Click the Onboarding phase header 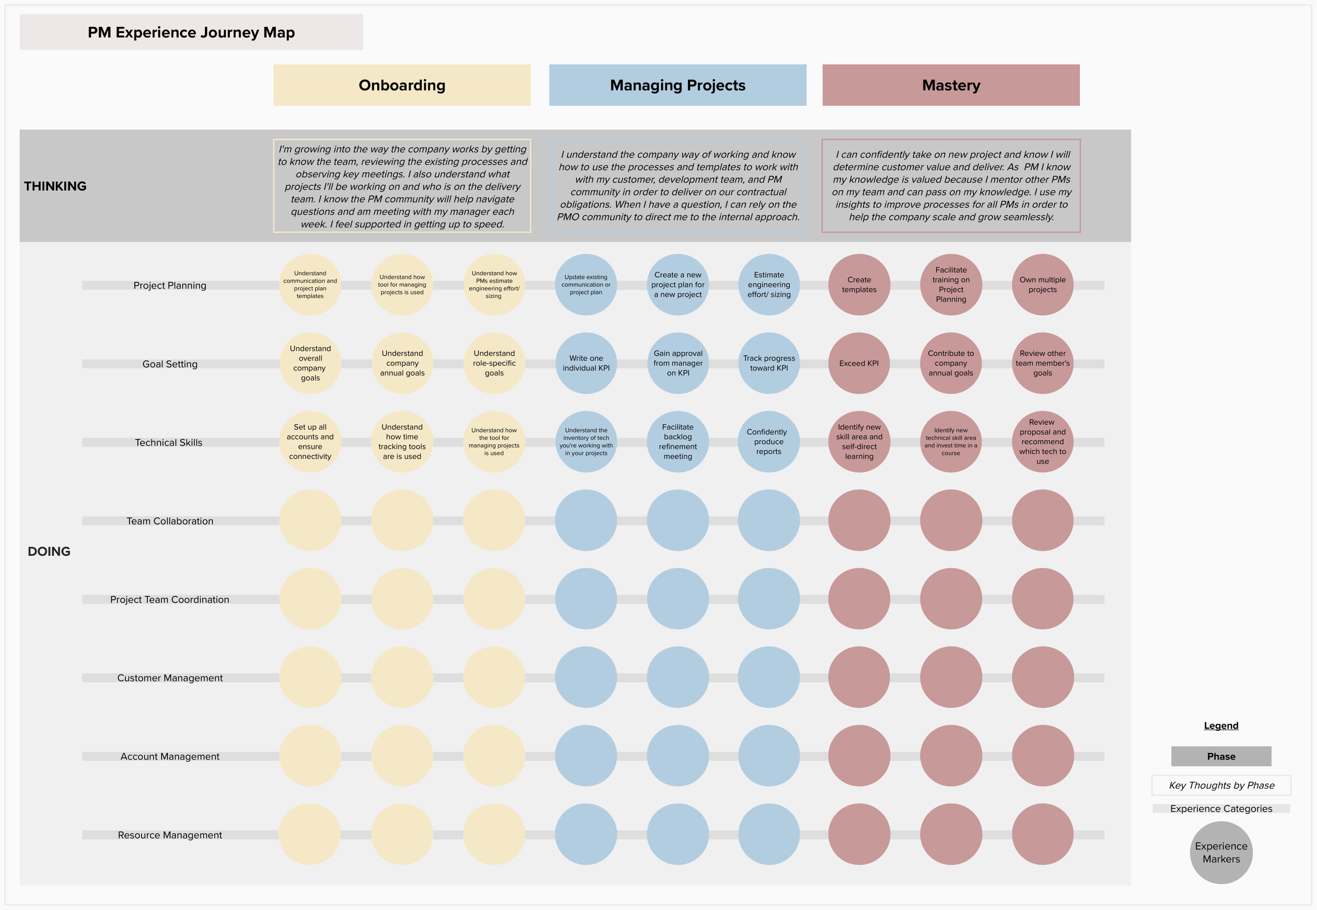tap(402, 85)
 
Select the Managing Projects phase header tap(677, 85)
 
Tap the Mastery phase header tap(951, 85)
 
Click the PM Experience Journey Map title tap(191, 33)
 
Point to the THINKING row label tap(55, 186)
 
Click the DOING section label tap(49, 552)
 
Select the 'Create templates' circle tap(859, 285)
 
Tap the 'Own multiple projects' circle tap(1043, 285)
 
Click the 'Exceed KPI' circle tap(859, 363)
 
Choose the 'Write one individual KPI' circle tap(586, 363)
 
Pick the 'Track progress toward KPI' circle tap(769, 363)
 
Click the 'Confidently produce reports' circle tap(769, 442)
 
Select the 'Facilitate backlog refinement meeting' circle tap(678, 442)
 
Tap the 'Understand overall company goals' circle tap(310, 363)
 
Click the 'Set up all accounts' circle tap(310, 442)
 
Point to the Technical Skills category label tap(169, 443)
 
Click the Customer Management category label tap(170, 678)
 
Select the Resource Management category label tap(170, 835)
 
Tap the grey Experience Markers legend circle tap(1221, 853)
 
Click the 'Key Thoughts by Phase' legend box tap(1221, 785)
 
